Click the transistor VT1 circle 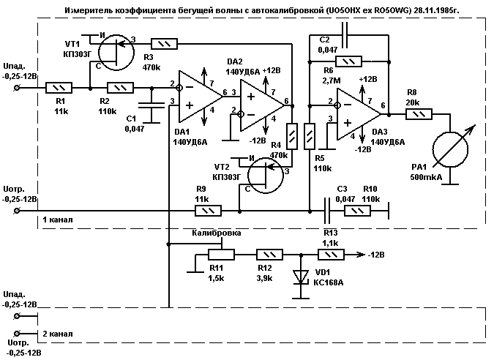tap(116, 50)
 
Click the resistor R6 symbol tap(347, 62)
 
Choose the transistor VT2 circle tap(263, 174)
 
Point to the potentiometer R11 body tap(221, 254)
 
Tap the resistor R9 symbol tap(208, 211)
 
